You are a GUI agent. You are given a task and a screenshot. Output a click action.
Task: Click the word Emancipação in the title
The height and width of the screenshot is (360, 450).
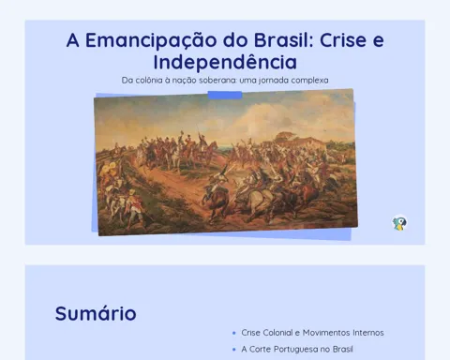click(x=151, y=41)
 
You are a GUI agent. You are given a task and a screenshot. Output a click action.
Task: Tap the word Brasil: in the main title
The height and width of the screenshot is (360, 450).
click(x=284, y=40)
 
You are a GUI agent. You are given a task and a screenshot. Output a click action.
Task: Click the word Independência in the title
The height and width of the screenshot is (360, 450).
click(x=225, y=62)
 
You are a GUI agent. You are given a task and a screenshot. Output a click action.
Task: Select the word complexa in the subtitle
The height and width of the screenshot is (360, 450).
click(x=309, y=81)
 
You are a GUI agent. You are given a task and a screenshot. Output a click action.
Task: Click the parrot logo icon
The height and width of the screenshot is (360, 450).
click(x=399, y=223)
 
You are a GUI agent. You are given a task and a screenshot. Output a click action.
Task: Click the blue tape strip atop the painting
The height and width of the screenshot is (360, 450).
click(x=225, y=95)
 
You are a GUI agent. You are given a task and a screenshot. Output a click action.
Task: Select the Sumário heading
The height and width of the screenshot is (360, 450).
click(x=96, y=313)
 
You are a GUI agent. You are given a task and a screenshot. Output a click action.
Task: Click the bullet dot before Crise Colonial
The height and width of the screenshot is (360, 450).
click(x=234, y=333)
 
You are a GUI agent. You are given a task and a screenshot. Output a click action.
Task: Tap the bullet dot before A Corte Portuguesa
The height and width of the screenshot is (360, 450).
click(x=234, y=350)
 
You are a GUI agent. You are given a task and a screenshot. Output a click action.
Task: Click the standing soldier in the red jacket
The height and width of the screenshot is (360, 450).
click(x=135, y=207)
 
